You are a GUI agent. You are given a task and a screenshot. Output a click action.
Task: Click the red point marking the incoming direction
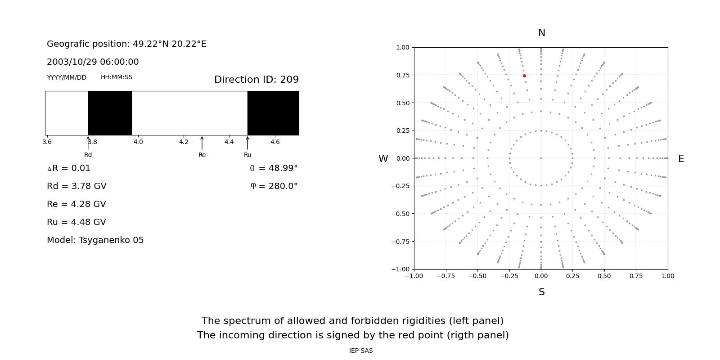(x=524, y=76)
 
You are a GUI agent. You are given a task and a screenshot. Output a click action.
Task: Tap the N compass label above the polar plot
(x=541, y=33)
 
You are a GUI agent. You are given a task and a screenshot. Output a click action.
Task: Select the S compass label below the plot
(x=541, y=292)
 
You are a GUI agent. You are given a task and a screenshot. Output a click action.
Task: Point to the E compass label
(x=681, y=159)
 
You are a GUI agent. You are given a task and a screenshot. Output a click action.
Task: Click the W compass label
(x=383, y=159)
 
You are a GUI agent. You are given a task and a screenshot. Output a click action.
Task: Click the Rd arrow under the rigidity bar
(x=88, y=143)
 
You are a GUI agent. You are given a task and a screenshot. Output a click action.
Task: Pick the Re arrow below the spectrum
(x=202, y=143)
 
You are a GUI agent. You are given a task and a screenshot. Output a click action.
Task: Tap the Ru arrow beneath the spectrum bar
(x=247, y=143)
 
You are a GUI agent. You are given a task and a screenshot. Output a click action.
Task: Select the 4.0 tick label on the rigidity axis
(x=138, y=142)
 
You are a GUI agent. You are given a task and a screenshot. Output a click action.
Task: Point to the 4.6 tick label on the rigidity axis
(x=275, y=142)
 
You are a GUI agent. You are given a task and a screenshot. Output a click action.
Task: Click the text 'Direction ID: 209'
(x=256, y=80)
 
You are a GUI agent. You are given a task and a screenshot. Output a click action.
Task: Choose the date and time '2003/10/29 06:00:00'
(x=93, y=62)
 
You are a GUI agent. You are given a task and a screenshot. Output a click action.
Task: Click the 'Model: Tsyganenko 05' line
(x=95, y=240)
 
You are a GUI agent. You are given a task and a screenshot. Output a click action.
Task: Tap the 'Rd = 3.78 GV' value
(x=76, y=186)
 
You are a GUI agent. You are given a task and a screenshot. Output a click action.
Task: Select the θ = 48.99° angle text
(x=274, y=168)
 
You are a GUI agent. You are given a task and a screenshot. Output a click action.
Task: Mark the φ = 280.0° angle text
(x=274, y=186)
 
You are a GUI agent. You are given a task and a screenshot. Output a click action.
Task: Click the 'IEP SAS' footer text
(x=361, y=351)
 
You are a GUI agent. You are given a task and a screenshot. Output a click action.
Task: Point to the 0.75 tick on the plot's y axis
(x=402, y=75)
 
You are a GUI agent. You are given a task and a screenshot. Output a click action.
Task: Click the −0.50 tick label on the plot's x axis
(x=477, y=276)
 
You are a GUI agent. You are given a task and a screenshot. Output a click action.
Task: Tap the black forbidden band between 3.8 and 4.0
(x=110, y=113)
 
